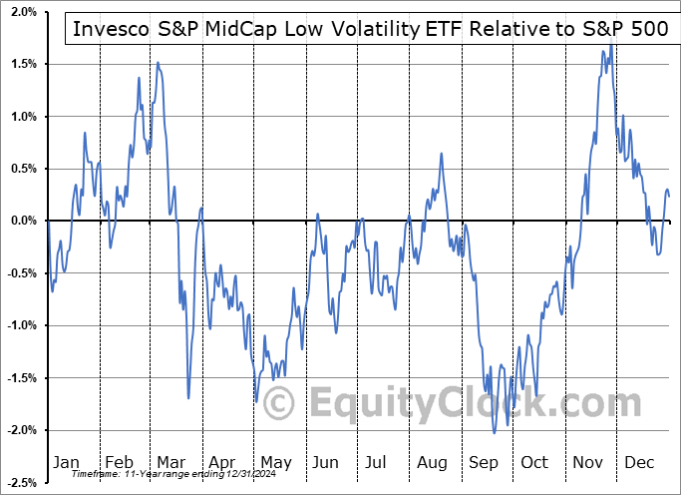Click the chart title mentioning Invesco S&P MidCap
(x=368, y=28)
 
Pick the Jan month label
(x=65, y=462)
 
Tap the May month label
(x=275, y=462)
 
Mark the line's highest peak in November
(x=611, y=44)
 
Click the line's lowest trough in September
(x=495, y=433)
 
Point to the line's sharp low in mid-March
(x=188, y=398)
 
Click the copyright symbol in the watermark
(x=277, y=403)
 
